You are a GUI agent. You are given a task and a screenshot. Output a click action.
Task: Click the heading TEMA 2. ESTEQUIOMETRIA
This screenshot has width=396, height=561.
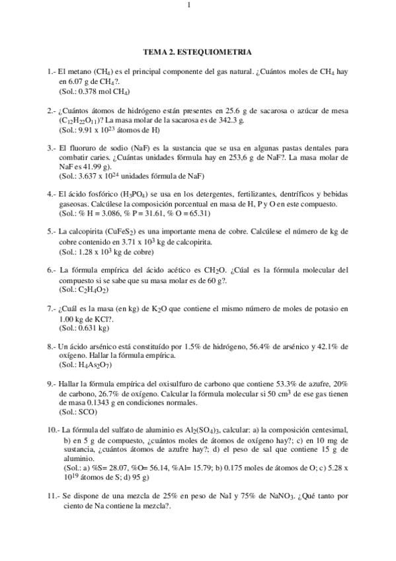tap(198, 51)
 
